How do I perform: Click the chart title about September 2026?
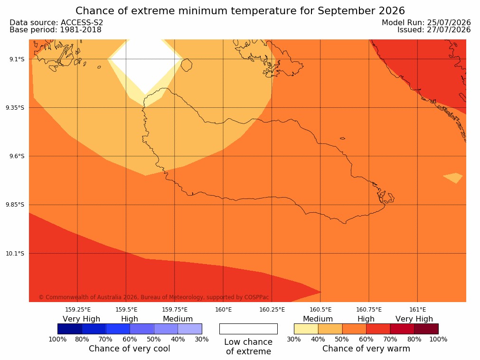click(x=240, y=11)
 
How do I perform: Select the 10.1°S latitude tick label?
click(x=15, y=254)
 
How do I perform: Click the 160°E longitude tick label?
click(x=224, y=310)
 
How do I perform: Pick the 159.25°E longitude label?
click(x=78, y=310)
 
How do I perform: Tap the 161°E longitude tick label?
click(x=417, y=310)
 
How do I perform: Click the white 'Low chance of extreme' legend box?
click(x=249, y=329)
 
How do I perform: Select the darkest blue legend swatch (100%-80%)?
click(x=70, y=329)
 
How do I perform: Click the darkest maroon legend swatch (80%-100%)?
click(x=426, y=329)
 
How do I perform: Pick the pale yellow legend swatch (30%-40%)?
click(x=306, y=329)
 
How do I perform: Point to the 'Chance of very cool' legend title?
click(x=130, y=349)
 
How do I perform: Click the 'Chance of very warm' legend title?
click(x=366, y=349)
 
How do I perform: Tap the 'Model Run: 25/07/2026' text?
click(x=426, y=23)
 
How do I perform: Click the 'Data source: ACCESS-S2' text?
click(x=56, y=23)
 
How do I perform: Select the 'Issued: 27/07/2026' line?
click(x=434, y=30)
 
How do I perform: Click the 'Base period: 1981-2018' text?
click(x=56, y=30)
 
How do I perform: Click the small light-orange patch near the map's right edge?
click(x=453, y=178)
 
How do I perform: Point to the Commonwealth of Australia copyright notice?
click(x=154, y=297)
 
